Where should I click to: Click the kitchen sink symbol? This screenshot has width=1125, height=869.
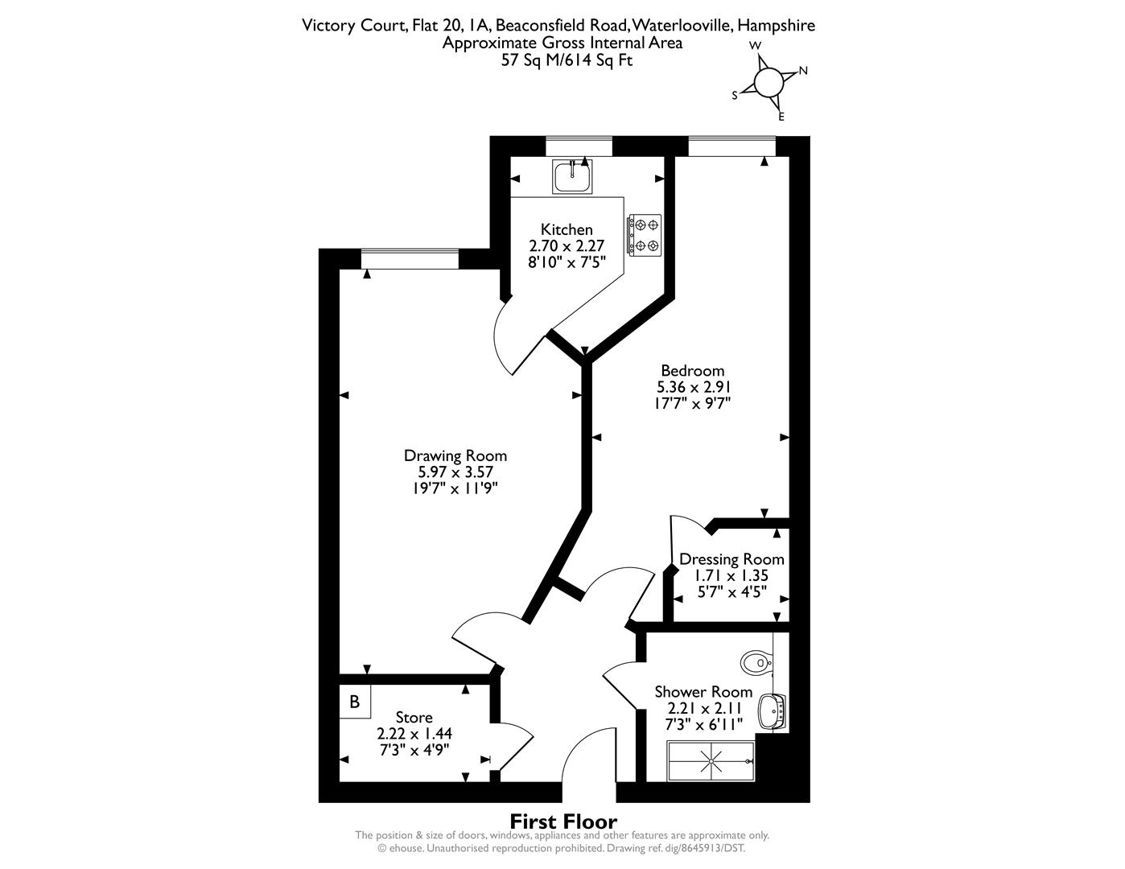[571, 176]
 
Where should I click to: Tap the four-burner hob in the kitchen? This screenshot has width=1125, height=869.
[645, 235]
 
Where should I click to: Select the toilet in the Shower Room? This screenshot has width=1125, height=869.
[757, 662]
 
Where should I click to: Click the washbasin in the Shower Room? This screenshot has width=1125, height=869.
[773, 712]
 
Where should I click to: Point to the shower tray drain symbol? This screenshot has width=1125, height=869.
[712, 761]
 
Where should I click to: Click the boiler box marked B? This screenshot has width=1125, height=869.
[355, 702]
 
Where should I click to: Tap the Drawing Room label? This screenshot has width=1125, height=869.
[455, 455]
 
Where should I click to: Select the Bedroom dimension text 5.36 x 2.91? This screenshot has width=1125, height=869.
[693, 387]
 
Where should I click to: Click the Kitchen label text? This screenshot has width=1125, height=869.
[567, 229]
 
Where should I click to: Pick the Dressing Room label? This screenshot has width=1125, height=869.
[731, 559]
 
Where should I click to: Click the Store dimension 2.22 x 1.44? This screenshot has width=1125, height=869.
[414, 733]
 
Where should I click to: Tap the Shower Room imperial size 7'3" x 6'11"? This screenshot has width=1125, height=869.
[703, 724]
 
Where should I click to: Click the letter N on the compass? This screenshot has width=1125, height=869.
[803, 71]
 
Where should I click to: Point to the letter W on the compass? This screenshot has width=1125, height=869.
[756, 46]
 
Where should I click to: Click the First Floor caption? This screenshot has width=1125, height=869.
[564, 822]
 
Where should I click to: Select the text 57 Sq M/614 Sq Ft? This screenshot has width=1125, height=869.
[567, 60]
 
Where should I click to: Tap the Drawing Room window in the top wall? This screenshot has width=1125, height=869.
[410, 259]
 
